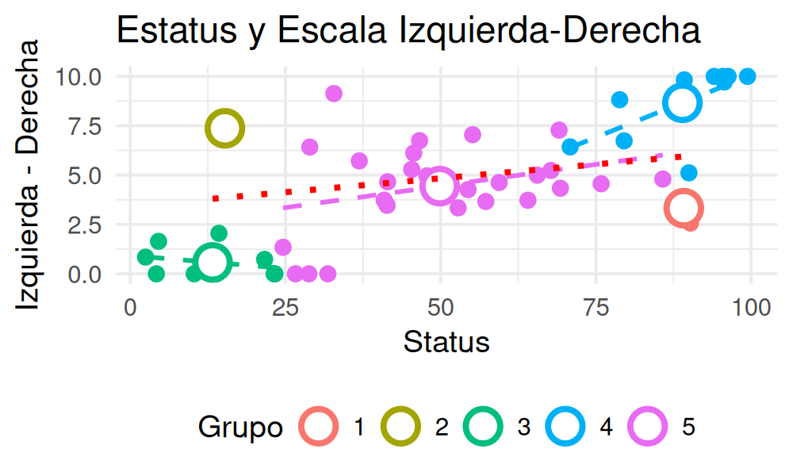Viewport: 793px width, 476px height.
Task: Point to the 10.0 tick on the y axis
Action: click(x=79, y=77)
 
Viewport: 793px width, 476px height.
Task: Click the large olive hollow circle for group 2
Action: click(x=224, y=129)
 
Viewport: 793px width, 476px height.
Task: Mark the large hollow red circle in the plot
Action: click(x=684, y=209)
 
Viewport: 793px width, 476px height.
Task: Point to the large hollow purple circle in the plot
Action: click(x=440, y=186)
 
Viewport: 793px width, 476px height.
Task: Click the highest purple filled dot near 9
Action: click(x=334, y=94)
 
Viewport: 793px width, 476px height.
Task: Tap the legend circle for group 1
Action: click(x=319, y=427)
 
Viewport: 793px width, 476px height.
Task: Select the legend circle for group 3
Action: click(x=484, y=427)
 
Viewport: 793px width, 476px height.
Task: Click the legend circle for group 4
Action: click(x=566, y=427)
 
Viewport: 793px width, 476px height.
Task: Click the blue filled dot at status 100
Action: click(x=747, y=76)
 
